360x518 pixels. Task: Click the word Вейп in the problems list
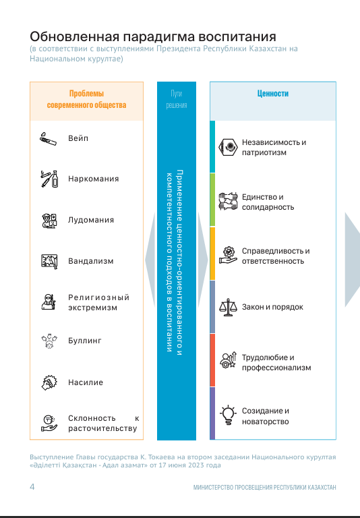[78, 138]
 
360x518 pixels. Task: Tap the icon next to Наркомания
[49, 179]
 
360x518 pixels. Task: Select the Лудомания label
[91, 220]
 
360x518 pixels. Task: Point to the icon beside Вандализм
[49, 261]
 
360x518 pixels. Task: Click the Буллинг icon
[49, 341]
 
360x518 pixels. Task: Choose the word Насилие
[86, 382]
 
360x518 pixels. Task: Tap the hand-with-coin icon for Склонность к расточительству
[49, 423]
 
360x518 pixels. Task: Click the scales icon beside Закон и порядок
[229, 308]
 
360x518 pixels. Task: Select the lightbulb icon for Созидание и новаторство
[229, 415]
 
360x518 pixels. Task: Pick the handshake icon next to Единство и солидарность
[229, 202]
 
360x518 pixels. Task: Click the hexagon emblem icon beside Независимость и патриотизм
[229, 147]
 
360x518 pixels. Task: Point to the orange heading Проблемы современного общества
[86, 99]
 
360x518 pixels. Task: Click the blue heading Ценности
[273, 94]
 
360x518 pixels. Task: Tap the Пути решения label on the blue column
[177, 99]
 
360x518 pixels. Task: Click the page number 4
[32, 486]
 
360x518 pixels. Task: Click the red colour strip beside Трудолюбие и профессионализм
[212, 360]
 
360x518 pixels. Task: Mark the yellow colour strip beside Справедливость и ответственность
[212, 254]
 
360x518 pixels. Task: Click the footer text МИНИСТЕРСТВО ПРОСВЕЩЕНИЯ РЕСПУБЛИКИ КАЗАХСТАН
[264, 487]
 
